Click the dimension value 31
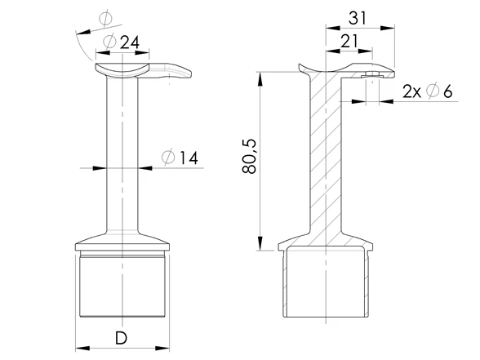coord(358,18)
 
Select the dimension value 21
coord(349,42)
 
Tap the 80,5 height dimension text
coord(250,157)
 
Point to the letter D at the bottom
coord(121,338)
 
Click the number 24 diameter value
coord(130,42)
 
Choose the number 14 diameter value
coord(189,158)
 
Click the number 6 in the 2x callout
coord(447,91)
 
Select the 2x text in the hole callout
coord(411,91)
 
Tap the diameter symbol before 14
coord(168,158)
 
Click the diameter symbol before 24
coord(109,41)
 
